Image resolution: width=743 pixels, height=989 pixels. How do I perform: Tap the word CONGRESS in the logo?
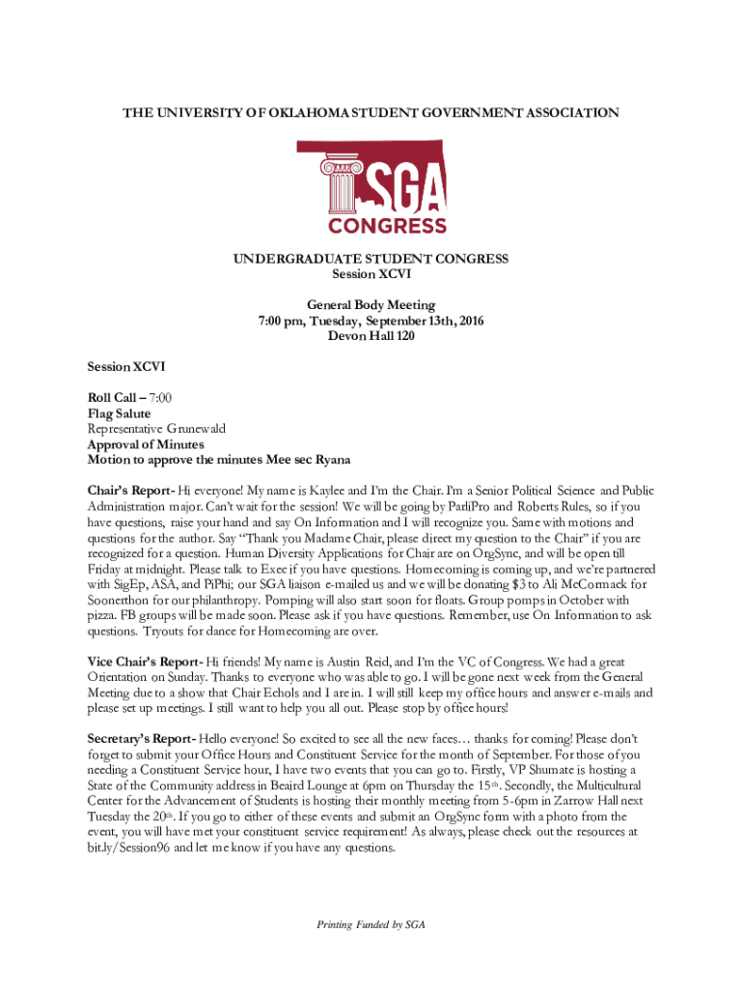pos(388,226)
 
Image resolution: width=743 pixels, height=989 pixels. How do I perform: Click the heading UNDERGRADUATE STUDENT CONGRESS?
pos(371,259)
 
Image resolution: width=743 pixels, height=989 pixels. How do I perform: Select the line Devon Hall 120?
pos(371,334)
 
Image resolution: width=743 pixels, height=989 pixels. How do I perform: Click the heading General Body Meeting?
pos(371,304)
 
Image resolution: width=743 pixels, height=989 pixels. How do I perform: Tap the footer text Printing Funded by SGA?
pos(371,924)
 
